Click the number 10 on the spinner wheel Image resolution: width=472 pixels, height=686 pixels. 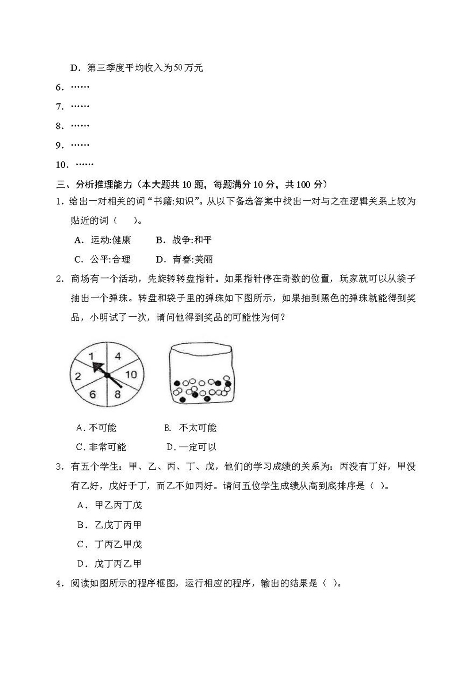click(x=131, y=374)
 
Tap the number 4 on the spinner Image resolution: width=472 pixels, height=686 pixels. click(x=118, y=356)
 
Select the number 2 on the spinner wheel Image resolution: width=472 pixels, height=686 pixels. click(x=78, y=376)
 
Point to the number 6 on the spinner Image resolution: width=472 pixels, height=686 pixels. click(x=93, y=394)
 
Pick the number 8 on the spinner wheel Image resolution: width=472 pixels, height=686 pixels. click(x=118, y=394)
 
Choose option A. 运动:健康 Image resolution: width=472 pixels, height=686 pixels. click(x=102, y=240)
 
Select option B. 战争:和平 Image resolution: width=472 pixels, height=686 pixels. click(x=184, y=240)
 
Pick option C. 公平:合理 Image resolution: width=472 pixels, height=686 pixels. click(x=102, y=259)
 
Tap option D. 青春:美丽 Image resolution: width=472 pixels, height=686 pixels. click(x=185, y=259)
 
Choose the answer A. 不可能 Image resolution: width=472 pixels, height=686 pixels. click(x=96, y=428)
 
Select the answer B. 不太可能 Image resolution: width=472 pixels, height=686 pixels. click(x=191, y=428)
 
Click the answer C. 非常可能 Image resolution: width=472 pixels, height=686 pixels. click(x=101, y=447)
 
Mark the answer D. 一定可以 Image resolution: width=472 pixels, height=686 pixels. click(x=192, y=447)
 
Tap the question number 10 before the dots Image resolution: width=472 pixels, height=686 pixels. click(x=62, y=165)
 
